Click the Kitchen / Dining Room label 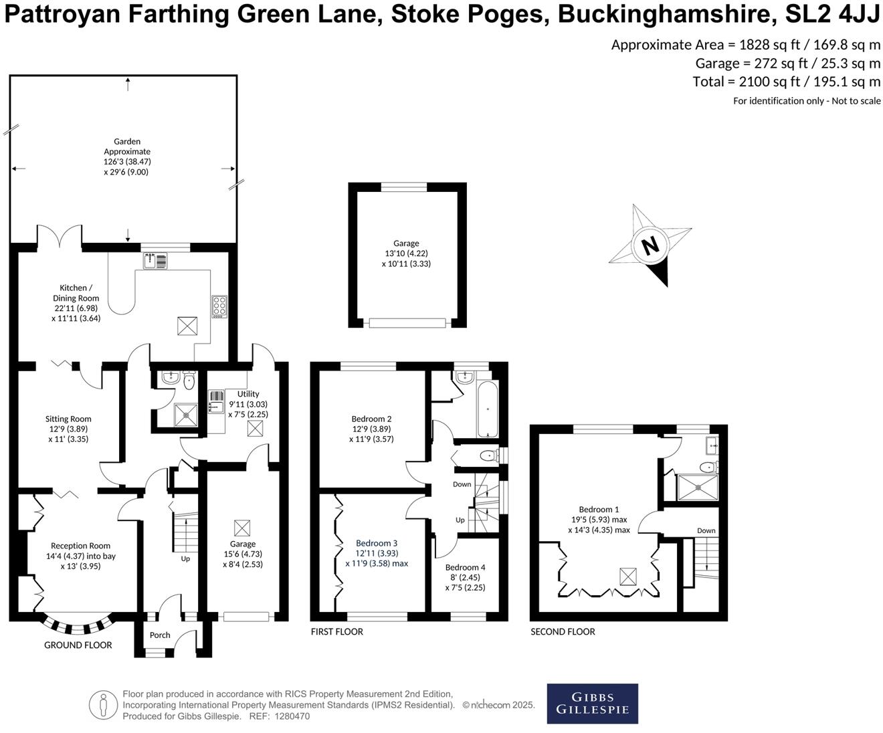point(76,293)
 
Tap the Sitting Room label point(68,419)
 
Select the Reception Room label point(80,546)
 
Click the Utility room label point(248,394)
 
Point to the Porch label point(160,635)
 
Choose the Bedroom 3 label point(377,543)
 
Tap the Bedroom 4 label point(465,567)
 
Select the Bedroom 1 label point(599,510)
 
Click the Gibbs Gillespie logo point(592,704)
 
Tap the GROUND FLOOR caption point(78,645)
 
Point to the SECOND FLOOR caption point(563,631)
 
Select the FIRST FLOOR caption point(337,631)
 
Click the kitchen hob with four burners point(219,306)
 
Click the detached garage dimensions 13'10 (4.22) point(406,253)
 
